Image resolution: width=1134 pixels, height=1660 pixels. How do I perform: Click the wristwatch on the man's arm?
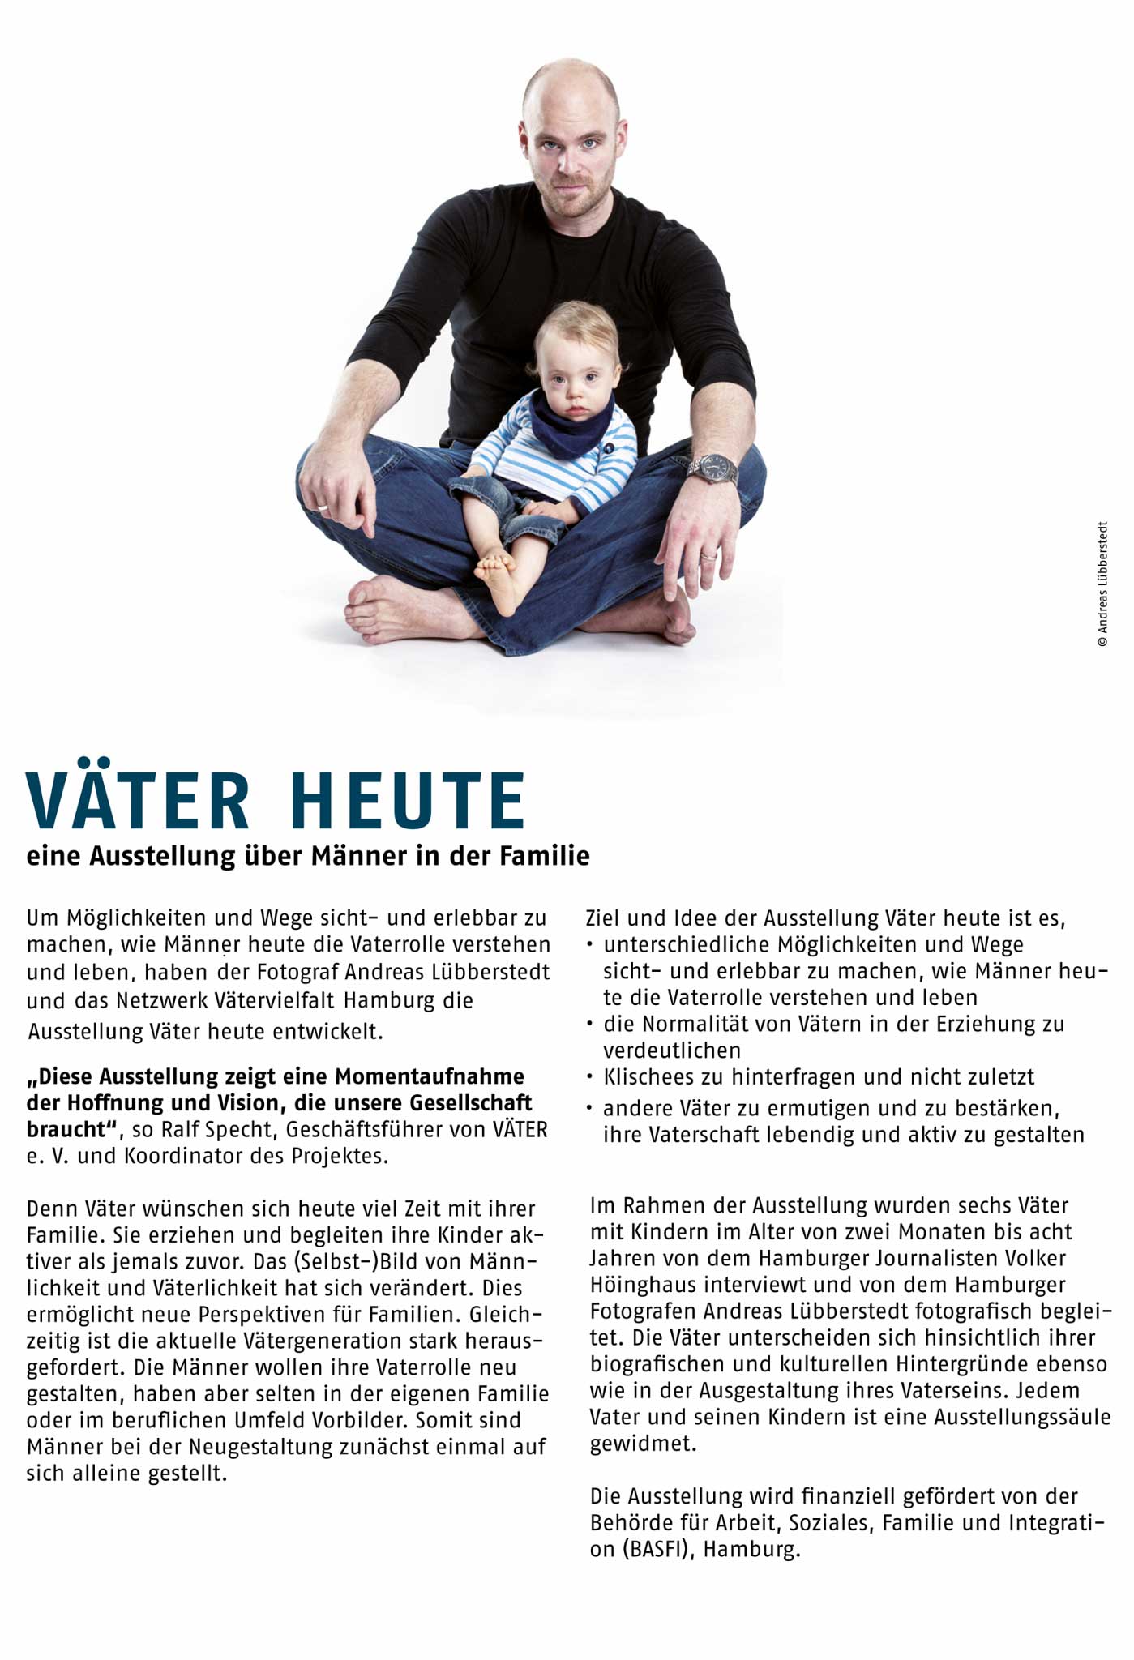(x=714, y=468)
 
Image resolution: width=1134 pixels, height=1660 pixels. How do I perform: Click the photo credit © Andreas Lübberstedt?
(x=1102, y=584)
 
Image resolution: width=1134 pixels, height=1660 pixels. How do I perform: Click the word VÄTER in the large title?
(x=139, y=801)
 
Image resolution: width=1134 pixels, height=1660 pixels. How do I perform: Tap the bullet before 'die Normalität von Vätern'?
(x=591, y=1025)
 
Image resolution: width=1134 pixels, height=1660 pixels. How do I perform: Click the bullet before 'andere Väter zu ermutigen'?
(x=591, y=1108)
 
